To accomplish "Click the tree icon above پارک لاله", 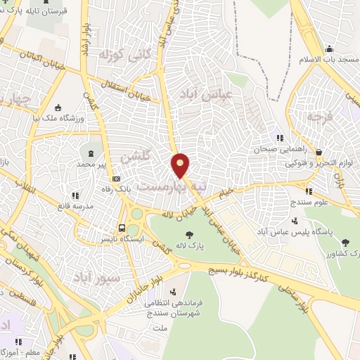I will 188,236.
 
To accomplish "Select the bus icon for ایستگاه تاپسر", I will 122,228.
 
